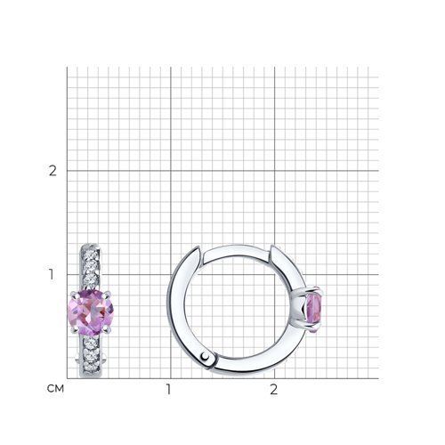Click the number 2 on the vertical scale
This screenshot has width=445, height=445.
point(53,171)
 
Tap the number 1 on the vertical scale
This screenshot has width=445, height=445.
point(53,275)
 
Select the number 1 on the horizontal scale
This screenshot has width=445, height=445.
point(169,389)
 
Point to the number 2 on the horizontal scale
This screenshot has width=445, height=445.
point(273,389)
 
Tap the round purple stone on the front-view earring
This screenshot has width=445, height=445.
point(90,311)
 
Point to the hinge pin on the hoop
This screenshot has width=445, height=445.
point(207,358)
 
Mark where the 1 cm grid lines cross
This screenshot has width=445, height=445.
point(169,275)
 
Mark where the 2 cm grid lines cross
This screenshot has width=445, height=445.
point(273,171)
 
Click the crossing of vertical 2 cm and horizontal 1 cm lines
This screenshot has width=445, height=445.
point(273,275)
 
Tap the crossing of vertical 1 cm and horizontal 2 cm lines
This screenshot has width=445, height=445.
point(169,171)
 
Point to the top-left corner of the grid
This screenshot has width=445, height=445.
point(66,67)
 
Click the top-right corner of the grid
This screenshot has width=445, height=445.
point(378,67)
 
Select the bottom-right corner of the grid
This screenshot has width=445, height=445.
point(378,379)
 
